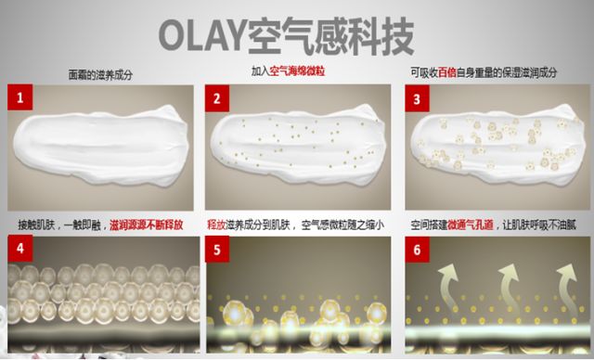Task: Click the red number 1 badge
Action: pyautogui.click(x=20, y=97)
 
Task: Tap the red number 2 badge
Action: pyautogui.click(x=217, y=98)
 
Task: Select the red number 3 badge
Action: pyautogui.click(x=417, y=98)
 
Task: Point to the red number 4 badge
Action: pyautogui.click(x=20, y=248)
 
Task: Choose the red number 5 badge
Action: pyautogui.click(x=217, y=249)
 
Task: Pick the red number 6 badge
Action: pyautogui.click(x=417, y=249)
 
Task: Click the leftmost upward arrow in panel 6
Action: pyautogui.click(x=449, y=285)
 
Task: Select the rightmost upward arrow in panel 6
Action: pyautogui.click(x=567, y=284)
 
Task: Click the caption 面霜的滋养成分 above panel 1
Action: pyautogui.click(x=100, y=74)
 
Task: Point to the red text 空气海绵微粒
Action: pyautogui.click(x=297, y=71)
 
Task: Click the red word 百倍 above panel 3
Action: pyautogui.click(x=447, y=72)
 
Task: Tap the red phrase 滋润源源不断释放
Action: pyautogui.click(x=147, y=225)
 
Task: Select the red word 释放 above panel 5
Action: pyautogui.click(x=216, y=225)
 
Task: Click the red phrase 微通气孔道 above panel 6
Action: pyautogui.click(x=471, y=225)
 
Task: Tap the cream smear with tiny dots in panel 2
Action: pyautogui.click(x=298, y=145)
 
